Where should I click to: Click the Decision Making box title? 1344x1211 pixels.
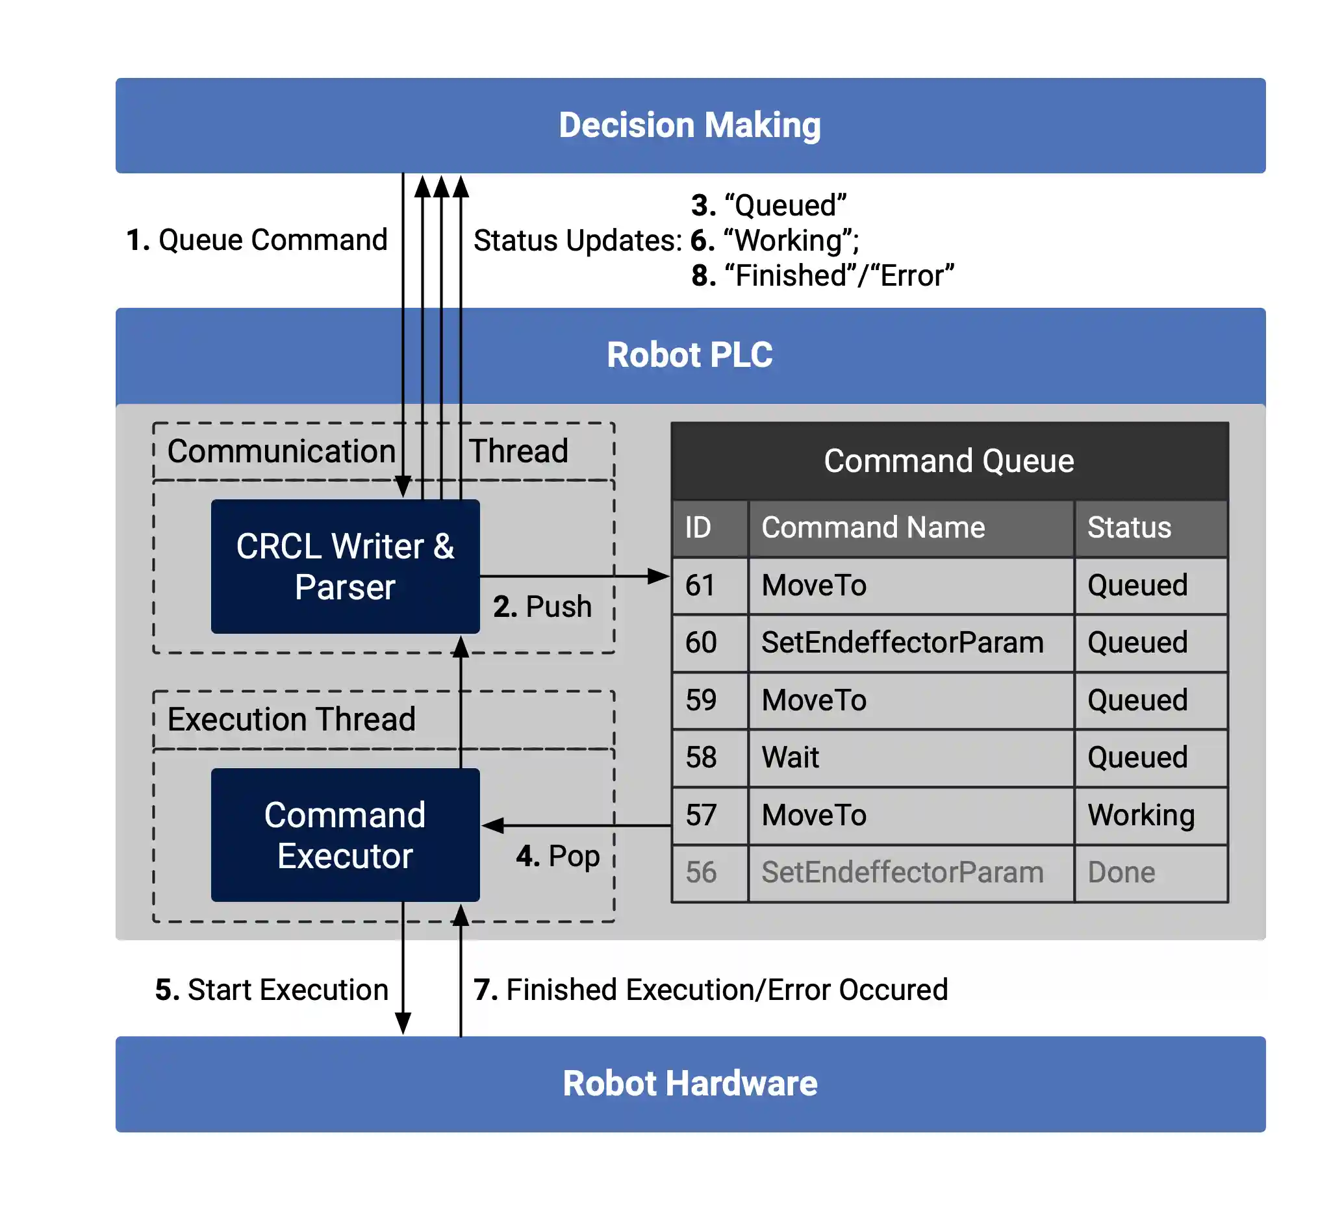[x=690, y=125]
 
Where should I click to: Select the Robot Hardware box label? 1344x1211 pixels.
[x=690, y=1083]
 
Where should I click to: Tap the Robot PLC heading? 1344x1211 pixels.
[x=690, y=355]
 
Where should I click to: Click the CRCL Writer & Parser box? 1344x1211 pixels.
[x=345, y=566]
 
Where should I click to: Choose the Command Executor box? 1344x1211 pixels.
[x=345, y=835]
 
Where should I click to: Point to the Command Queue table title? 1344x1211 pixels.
[x=948, y=461]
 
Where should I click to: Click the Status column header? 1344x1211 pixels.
[x=1129, y=528]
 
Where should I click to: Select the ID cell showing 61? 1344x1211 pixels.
[x=700, y=586]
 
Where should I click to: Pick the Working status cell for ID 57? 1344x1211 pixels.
[x=1141, y=815]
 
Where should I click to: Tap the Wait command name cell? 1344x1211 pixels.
[x=790, y=757]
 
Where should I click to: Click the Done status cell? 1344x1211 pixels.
[x=1121, y=872]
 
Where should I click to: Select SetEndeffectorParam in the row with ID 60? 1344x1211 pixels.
[x=902, y=643]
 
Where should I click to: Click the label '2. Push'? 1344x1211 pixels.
[x=542, y=606]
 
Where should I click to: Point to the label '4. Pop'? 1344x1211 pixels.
[x=558, y=856]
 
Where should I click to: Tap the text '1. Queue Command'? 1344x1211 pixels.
[x=257, y=240]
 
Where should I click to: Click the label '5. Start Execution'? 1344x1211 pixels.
[x=272, y=990]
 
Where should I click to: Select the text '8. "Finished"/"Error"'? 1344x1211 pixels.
[x=823, y=275]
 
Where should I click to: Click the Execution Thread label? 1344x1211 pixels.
[x=291, y=719]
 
